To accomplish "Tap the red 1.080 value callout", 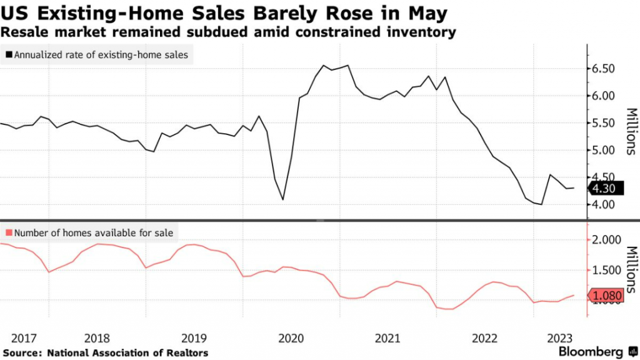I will click(606, 297).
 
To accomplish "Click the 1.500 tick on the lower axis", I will click(606, 271).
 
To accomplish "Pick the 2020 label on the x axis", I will click(290, 338).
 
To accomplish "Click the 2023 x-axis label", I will click(562, 338).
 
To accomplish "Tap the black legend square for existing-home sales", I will click(8, 55).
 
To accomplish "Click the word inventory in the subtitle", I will click(424, 32).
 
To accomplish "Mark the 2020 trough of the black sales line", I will click(283, 200).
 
